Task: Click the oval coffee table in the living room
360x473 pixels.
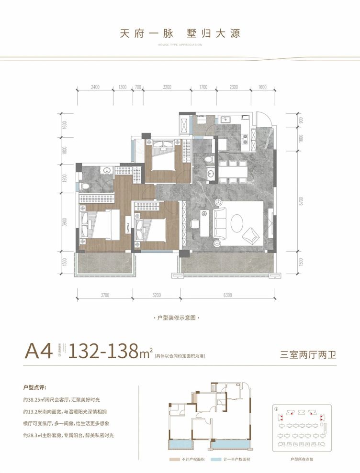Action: (238, 222)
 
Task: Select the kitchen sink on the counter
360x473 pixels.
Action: (225, 120)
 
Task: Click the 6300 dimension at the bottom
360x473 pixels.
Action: (227, 295)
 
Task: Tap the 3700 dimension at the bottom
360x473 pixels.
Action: (105, 295)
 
